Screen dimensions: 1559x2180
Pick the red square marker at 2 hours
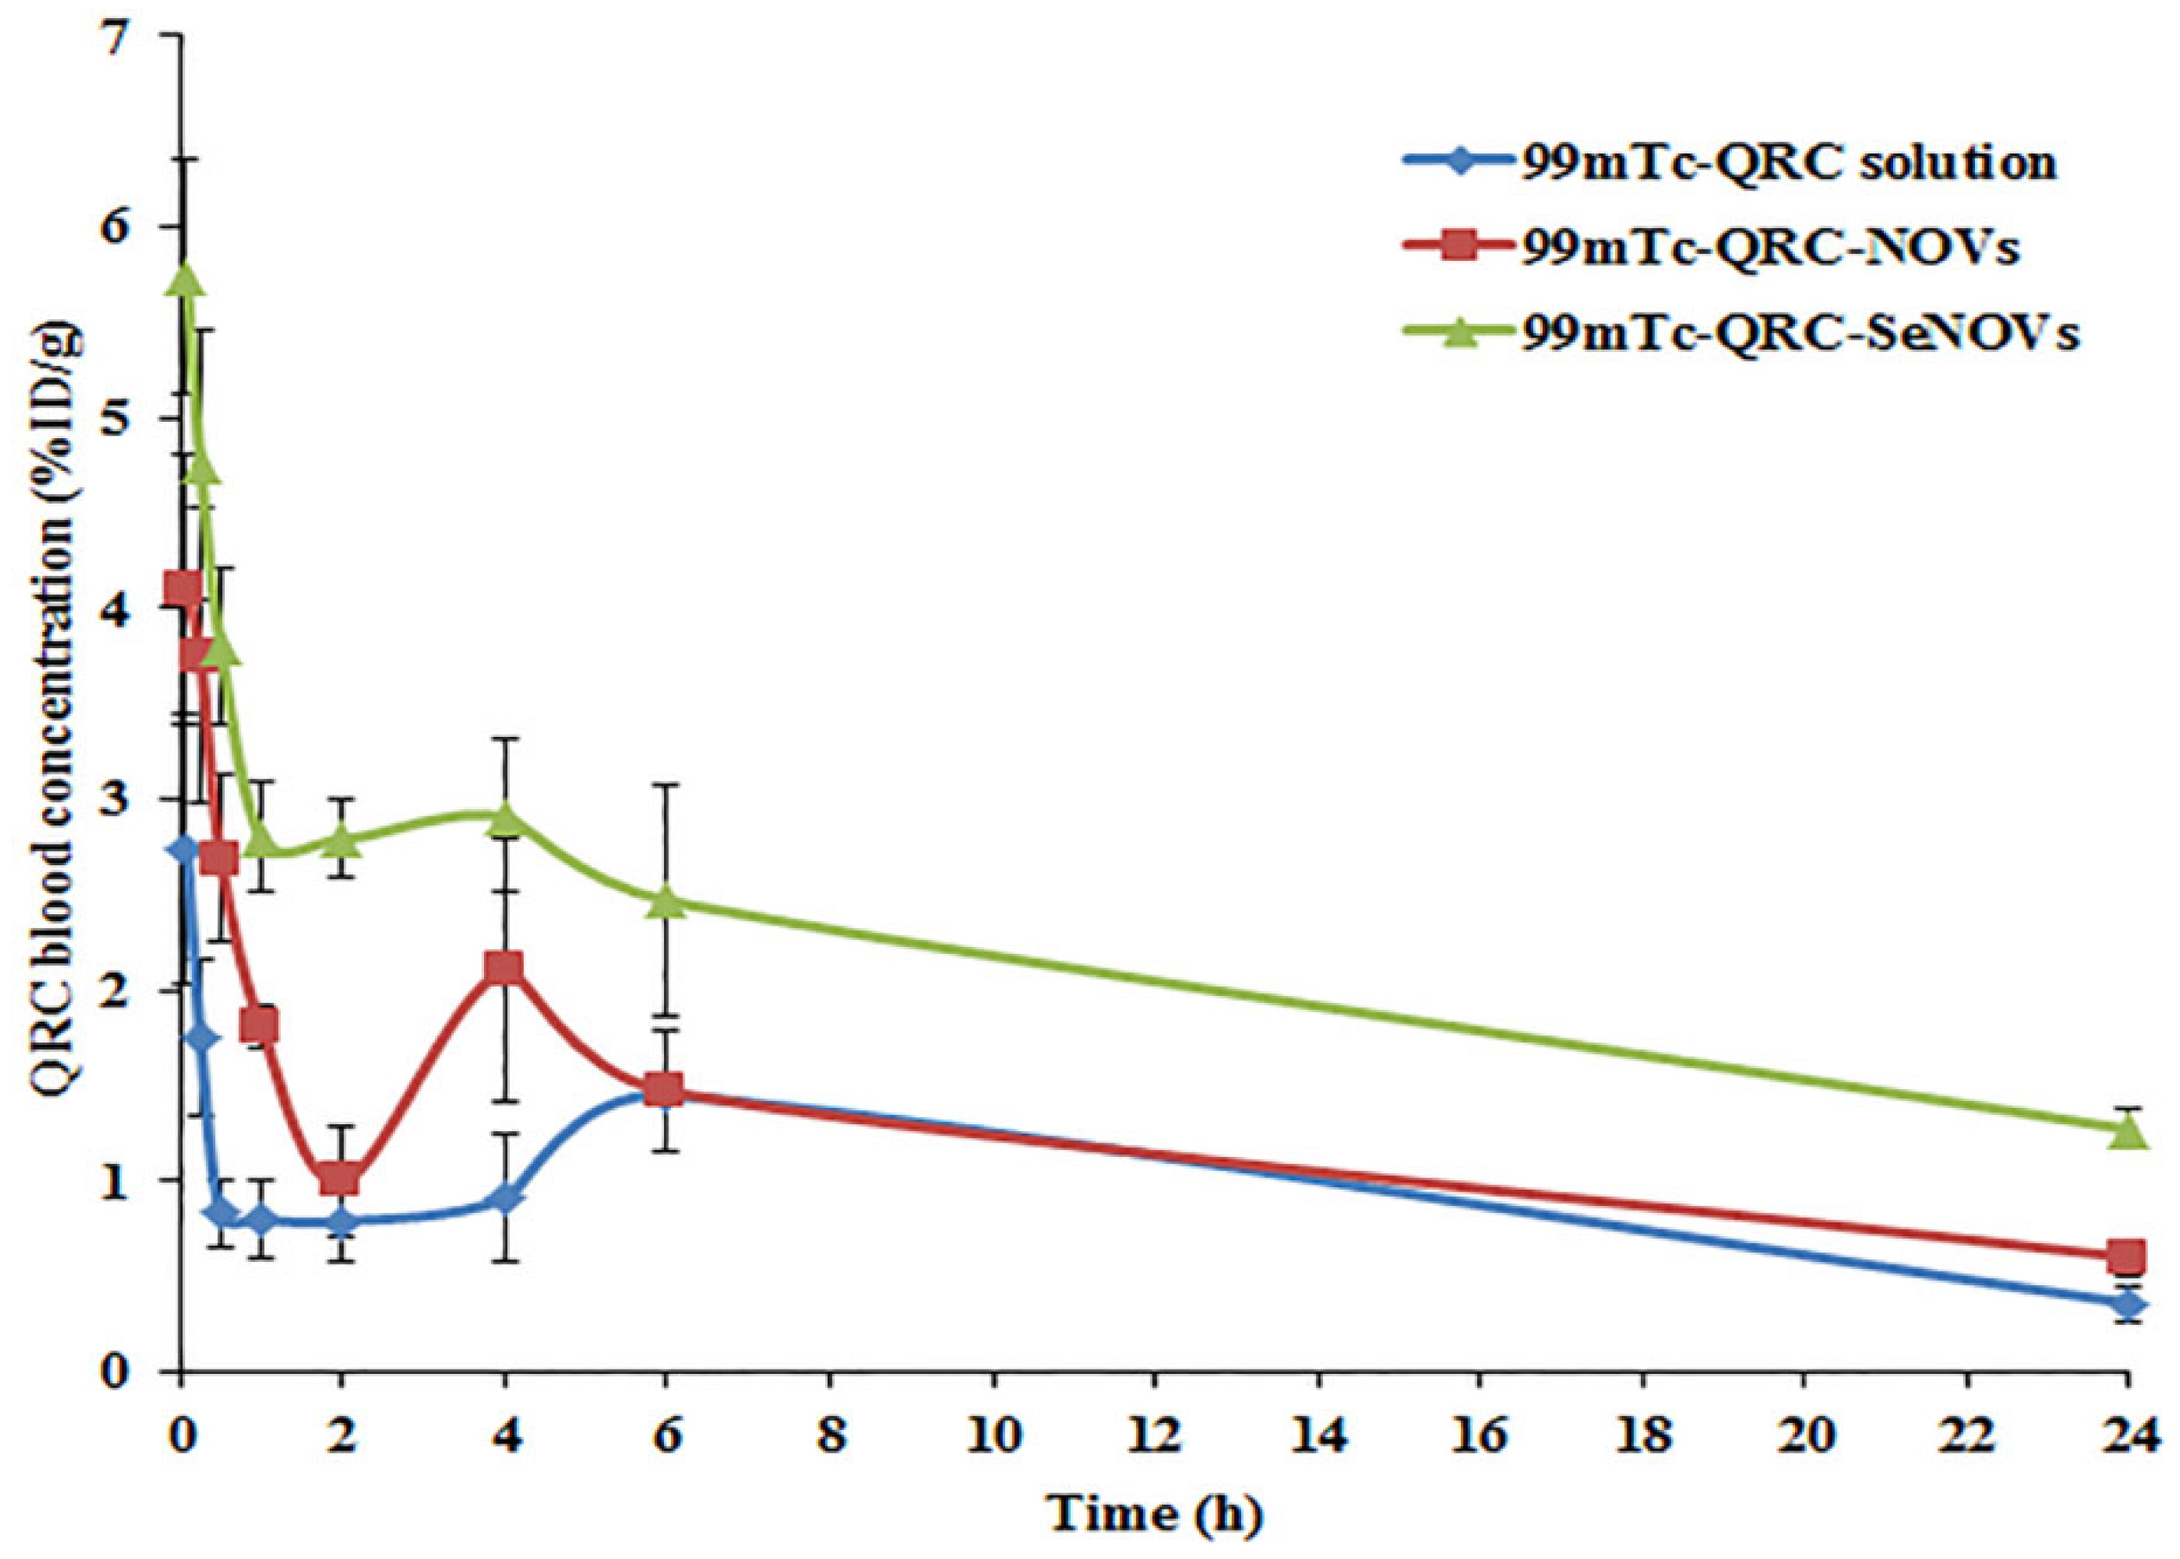[x=341, y=1178]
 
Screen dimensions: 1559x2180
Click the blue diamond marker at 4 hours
[x=504, y=1199]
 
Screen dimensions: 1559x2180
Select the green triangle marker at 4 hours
[x=504, y=819]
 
